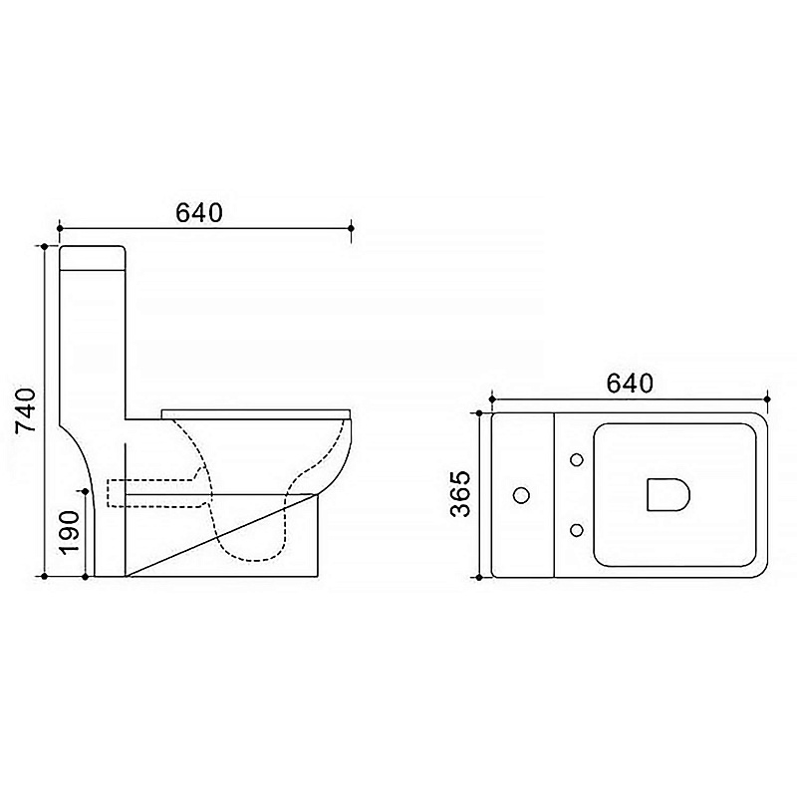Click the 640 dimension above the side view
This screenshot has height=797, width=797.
[x=199, y=213]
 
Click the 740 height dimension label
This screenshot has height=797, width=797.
[x=26, y=410]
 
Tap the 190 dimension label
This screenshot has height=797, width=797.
[x=69, y=533]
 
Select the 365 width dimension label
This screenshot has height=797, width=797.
[x=461, y=494]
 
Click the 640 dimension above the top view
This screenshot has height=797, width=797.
[x=630, y=384]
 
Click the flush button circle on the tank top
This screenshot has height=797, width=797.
[x=522, y=495]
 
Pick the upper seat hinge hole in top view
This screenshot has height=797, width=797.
[x=577, y=460]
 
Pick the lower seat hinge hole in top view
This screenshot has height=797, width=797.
[x=577, y=530]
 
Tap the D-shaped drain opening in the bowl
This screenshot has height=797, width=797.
[x=667, y=494]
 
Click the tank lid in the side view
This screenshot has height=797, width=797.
[x=93, y=257]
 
